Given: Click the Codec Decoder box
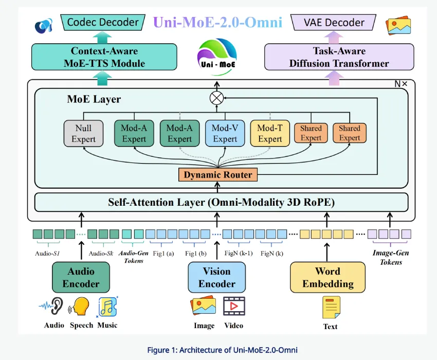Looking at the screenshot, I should tap(103, 22).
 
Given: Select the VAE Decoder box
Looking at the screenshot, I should tap(334, 22).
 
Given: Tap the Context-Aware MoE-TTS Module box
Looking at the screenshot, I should tap(104, 57).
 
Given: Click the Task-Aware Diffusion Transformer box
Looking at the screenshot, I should tap(338, 57).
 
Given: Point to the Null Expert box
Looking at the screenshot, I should tap(83, 133).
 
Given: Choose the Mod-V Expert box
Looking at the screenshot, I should tap(225, 133).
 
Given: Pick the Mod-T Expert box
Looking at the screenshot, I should tap(270, 133).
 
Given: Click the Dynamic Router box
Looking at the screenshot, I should tap(218, 175).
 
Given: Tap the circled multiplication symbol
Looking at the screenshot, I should tap(216, 97).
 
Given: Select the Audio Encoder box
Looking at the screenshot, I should tap(81, 277).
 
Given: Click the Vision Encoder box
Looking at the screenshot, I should tap(216, 277).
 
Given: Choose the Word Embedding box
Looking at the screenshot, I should tap(327, 277).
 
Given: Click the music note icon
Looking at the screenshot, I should tap(108, 307).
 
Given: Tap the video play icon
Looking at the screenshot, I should tap(234, 307).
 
